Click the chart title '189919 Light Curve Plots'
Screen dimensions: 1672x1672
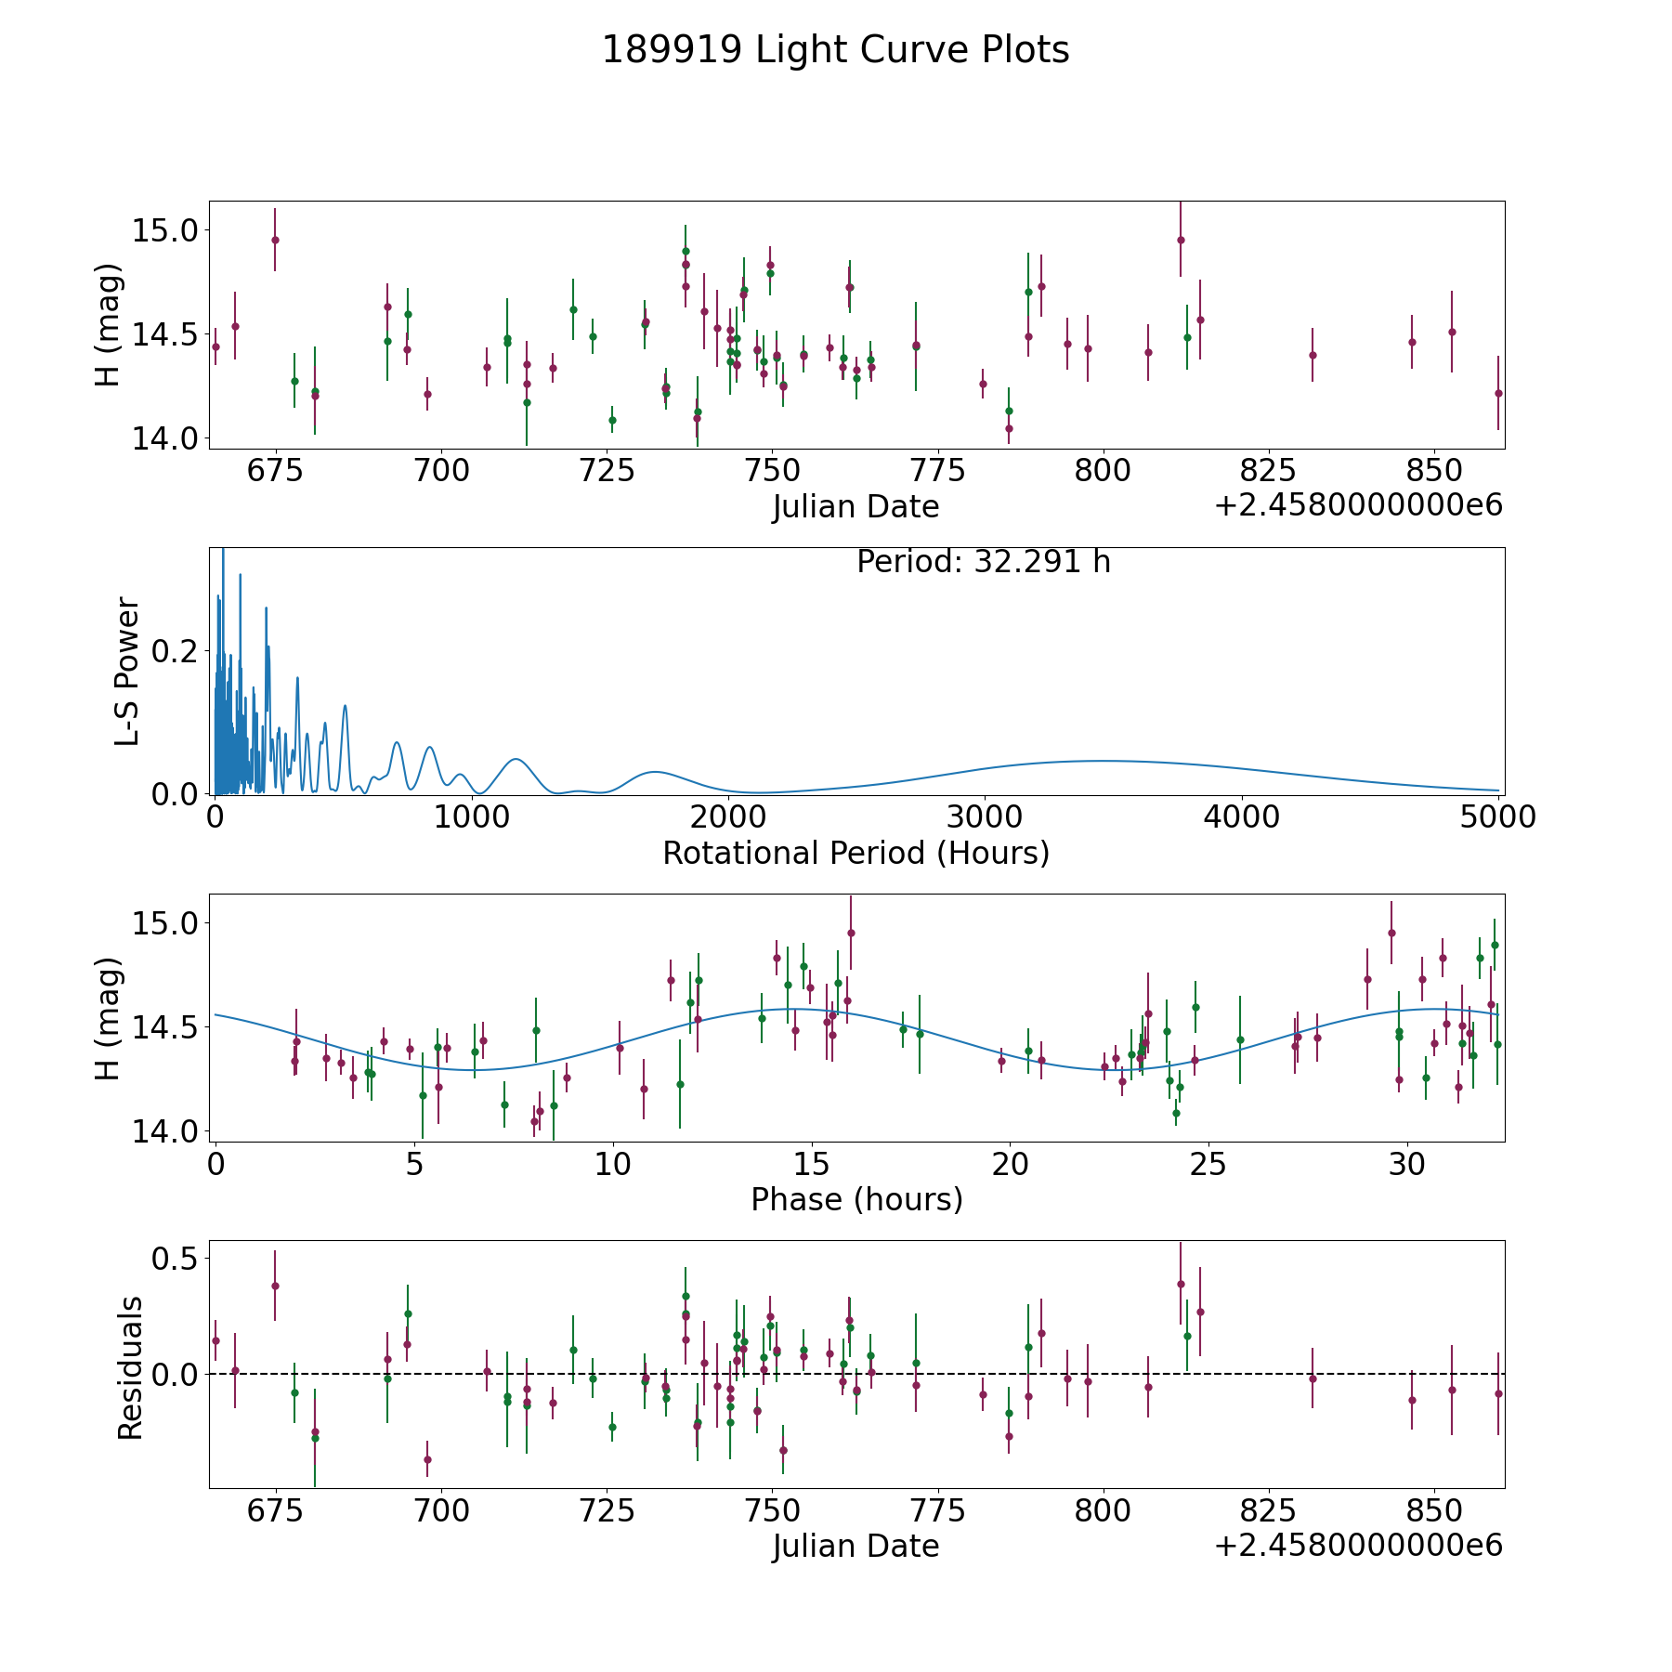(835, 50)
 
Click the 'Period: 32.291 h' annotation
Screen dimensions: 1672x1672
(983, 562)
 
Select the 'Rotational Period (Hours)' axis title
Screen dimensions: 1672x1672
(856, 853)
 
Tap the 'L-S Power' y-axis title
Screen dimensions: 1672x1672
(128, 671)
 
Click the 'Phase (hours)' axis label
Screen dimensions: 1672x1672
(856, 1199)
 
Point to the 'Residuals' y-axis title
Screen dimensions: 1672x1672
(130, 1367)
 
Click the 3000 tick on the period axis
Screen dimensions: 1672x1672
(985, 816)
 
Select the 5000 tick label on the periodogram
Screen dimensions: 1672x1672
(1497, 816)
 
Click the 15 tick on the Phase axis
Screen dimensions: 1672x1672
(812, 1164)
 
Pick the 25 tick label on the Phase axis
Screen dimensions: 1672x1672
(1209, 1164)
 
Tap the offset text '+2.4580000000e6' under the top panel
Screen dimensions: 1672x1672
(1358, 505)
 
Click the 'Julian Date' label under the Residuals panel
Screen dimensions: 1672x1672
(856, 1546)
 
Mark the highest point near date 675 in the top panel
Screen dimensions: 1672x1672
(275, 240)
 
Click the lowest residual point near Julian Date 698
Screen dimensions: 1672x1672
(427, 1459)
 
